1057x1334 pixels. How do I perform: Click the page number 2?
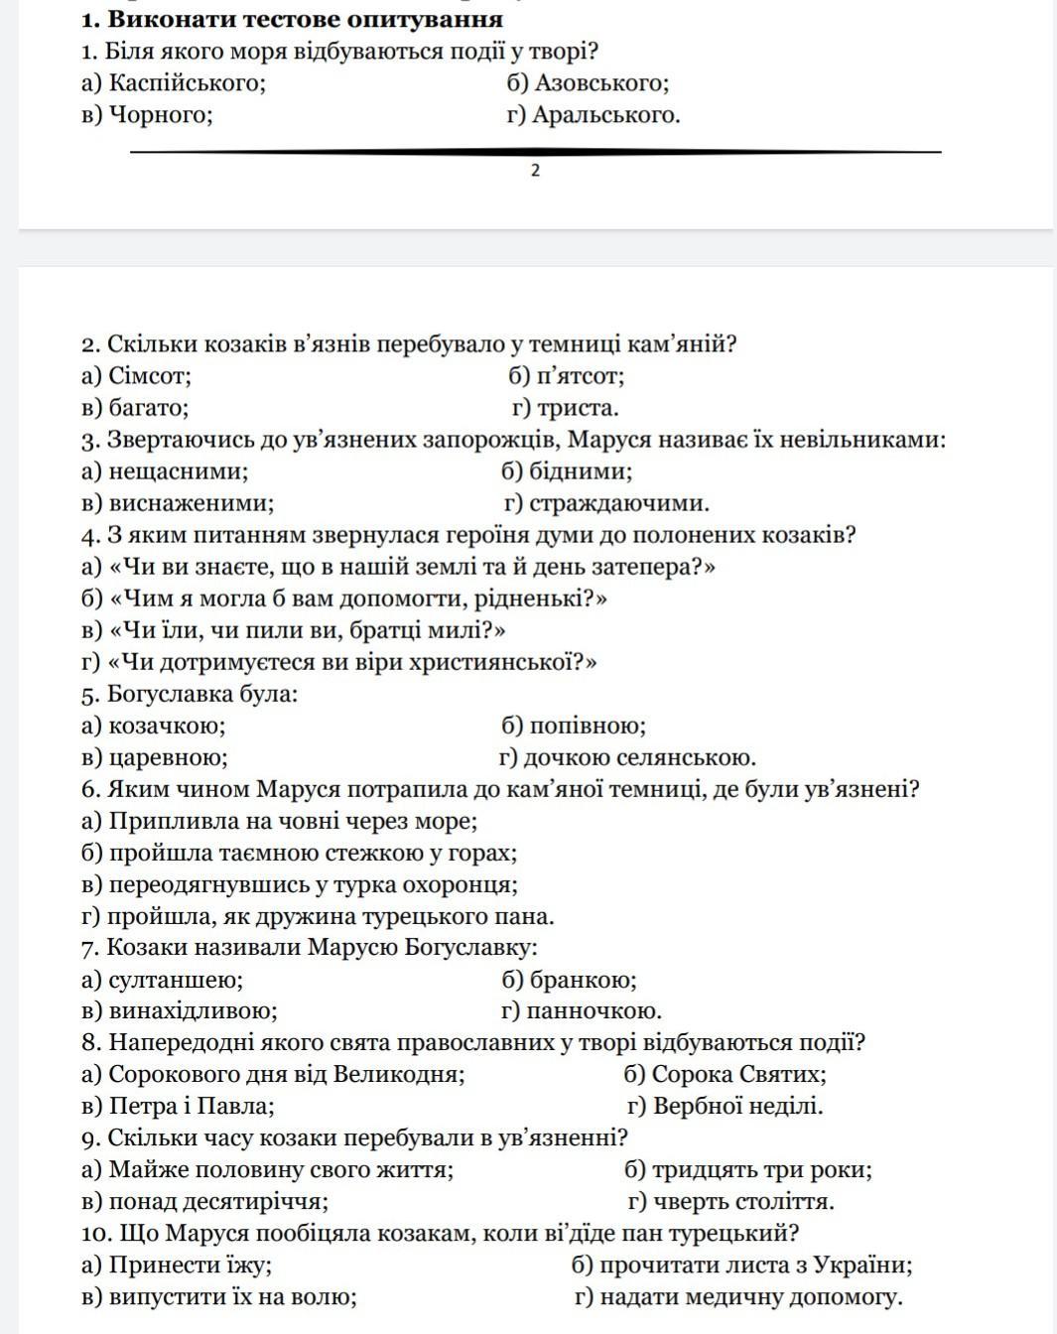click(x=536, y=171)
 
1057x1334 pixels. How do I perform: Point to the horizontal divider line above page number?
click(x=536, y=152)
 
